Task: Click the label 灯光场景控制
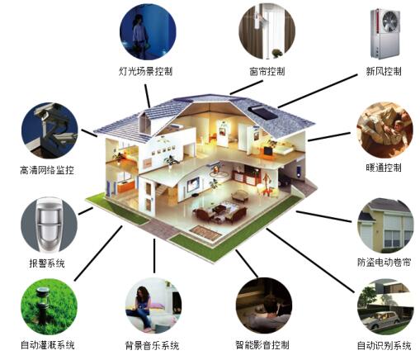pos(146,72)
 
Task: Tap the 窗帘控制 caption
pos(267,72)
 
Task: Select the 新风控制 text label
pos(384,72)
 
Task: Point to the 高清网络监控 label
pos(47,170)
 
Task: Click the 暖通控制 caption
pos(384,168)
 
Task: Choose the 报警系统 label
pos(47,263)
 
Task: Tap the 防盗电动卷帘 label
pos(385,262)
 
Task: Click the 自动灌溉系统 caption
pos(48,345)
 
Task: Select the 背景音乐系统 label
pos(152,345)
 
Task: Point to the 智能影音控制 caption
pos(262,345)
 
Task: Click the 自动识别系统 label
pos(385,345)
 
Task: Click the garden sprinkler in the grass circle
pos(42,306)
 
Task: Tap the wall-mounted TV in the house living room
pos(193,184)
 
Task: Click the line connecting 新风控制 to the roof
pos(318,91)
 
